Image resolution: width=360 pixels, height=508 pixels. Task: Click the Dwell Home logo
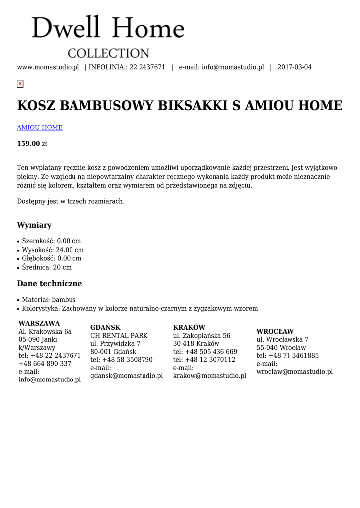coord(108,36)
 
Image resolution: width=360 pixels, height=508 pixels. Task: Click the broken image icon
coord(20,84)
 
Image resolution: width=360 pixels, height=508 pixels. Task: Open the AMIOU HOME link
coord(40,127)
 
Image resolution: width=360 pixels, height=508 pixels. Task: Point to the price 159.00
coord(28,144)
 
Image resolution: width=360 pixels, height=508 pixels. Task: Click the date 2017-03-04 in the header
coord(294,67)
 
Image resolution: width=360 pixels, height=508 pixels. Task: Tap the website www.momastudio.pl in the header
coord(48,67)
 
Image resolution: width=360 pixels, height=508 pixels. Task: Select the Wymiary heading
coord(34,225)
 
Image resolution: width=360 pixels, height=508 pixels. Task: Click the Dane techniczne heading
coord(50,284)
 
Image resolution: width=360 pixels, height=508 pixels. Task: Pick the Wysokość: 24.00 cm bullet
coord(53,250)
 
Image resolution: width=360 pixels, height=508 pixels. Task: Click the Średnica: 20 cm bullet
coord(47,267)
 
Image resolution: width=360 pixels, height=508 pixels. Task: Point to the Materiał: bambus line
coord(49,300)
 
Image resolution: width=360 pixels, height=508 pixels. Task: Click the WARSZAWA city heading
coord(39,323)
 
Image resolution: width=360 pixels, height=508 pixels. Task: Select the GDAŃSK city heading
coord(105,327)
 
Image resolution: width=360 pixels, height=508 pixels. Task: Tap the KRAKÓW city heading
coord(189,327)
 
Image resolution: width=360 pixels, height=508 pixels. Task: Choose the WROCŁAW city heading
coord(275,331)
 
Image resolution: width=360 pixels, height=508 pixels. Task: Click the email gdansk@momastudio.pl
coord(127,376)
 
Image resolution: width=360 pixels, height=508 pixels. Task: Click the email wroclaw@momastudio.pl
coord(294,372)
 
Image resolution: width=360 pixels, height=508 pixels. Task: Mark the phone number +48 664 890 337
coord(45,364)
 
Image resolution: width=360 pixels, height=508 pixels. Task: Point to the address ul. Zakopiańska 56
coord(202,336)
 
